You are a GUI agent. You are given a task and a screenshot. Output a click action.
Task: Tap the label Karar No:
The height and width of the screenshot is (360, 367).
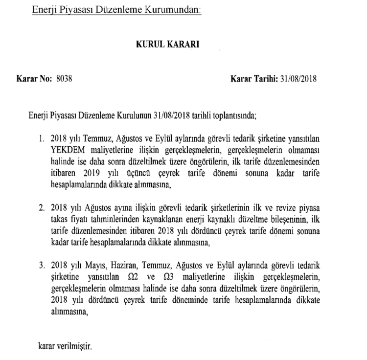pyautogui.click(x=34, y=78)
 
